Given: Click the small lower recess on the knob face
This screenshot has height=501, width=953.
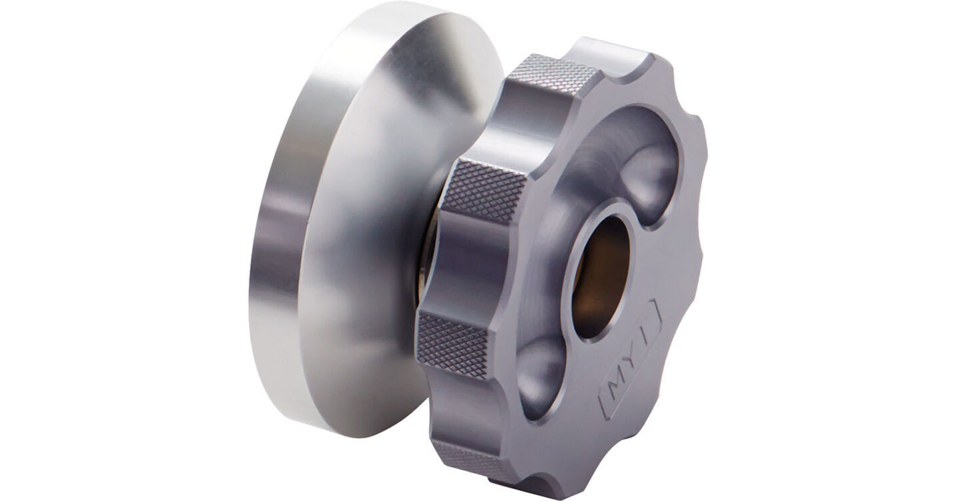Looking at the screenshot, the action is [541, 375].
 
